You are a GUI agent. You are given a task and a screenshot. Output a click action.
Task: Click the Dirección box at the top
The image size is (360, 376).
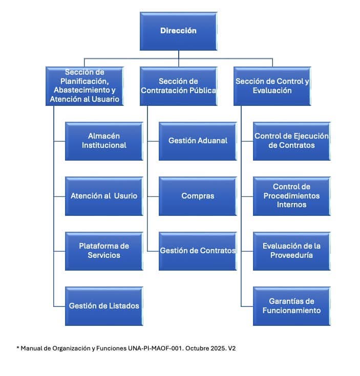click(178, 31)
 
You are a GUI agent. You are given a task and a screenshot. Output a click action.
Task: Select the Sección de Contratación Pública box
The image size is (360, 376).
click(178, 86)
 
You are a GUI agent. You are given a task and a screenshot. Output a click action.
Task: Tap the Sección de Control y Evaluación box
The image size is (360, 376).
click(272, 86)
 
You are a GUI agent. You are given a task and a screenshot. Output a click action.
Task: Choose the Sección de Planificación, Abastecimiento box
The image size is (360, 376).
click(85, 86)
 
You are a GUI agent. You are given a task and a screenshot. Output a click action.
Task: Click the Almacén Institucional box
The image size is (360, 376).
click(104, 141)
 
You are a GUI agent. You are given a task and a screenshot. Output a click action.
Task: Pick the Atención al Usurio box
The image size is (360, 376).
click(104, 196)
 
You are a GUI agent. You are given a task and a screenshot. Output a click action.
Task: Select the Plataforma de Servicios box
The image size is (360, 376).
click(104, 251)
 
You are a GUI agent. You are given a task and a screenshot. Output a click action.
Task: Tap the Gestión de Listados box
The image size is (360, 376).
click(104, 306)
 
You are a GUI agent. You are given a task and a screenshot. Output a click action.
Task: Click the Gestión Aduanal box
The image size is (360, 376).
click(198, 141)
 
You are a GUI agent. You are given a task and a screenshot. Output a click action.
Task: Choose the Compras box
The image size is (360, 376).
click(198, 196)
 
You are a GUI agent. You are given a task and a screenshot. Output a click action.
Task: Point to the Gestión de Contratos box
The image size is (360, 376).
click(198, 251)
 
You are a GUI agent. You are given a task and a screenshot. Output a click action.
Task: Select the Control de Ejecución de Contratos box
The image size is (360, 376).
click(291, 141)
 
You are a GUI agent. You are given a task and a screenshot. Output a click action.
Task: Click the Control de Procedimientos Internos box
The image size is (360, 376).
click(291, 196)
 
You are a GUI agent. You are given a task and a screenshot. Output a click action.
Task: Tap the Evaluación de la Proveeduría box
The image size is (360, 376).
click(291, 251)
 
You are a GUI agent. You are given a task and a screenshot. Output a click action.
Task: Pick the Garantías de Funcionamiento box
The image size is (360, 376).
click(291, 306)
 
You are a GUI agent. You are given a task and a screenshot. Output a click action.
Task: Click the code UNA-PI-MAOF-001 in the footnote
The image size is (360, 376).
click(152, 348)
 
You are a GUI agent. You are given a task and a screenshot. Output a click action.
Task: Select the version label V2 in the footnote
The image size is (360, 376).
click(231, 348)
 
